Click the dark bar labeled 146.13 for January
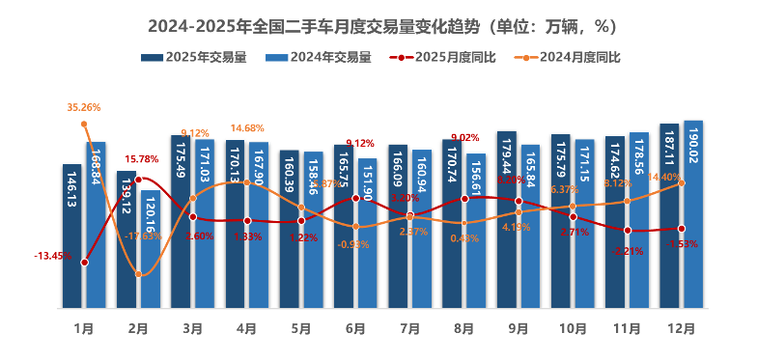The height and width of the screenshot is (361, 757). point(72,236)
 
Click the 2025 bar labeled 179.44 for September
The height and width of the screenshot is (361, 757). point(507,220)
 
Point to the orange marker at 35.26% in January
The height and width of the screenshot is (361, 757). point(85,124)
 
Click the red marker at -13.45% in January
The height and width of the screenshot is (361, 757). point(85,262)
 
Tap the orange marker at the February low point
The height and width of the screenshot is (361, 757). point(139,274)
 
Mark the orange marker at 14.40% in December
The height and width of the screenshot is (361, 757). point(682,183)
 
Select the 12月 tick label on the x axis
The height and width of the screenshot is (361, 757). point(681,328)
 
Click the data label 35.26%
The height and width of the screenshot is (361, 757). point(84,107)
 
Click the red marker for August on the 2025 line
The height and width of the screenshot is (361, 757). point(464,198)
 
